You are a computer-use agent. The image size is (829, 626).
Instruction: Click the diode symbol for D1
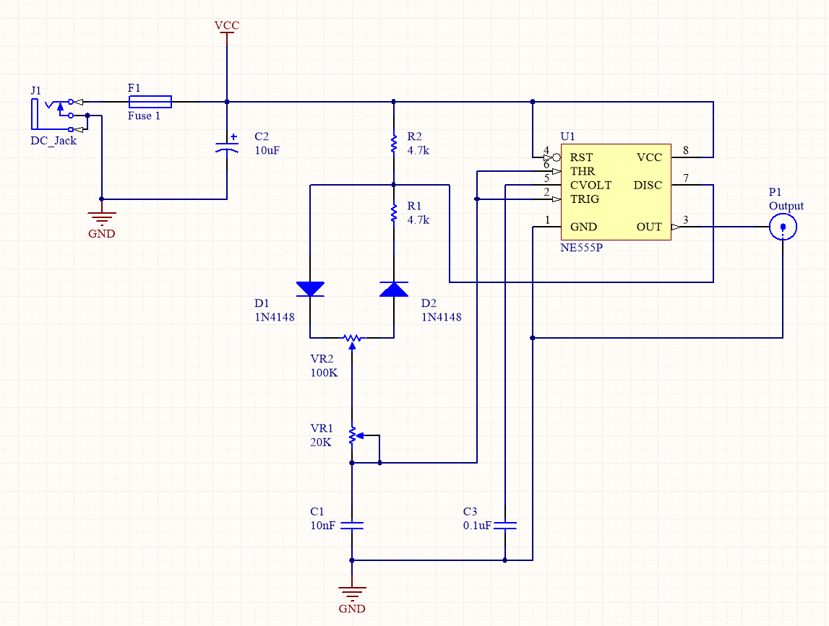point(310,289)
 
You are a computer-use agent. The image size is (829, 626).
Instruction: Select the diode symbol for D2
point(394,289)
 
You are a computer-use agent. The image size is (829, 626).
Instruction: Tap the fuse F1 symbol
point(150,101)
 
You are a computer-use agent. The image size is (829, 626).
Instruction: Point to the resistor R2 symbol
point(394,143)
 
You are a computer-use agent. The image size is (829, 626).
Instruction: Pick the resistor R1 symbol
point(394,212)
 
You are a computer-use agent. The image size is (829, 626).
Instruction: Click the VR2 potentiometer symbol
point(352,338)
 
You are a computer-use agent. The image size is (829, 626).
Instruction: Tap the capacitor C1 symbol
point(352,526)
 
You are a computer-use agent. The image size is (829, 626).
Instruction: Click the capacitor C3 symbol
point(505,526)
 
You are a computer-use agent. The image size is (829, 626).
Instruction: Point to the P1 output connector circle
point(783,227)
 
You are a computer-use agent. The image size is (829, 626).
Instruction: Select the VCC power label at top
point(227,26)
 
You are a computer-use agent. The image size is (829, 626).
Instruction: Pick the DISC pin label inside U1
point(648,186)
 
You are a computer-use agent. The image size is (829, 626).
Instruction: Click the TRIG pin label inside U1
point(585,199)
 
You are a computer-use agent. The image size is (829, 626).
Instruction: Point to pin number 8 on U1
point(685,151)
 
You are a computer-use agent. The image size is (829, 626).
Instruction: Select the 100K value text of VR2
point(324,373)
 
